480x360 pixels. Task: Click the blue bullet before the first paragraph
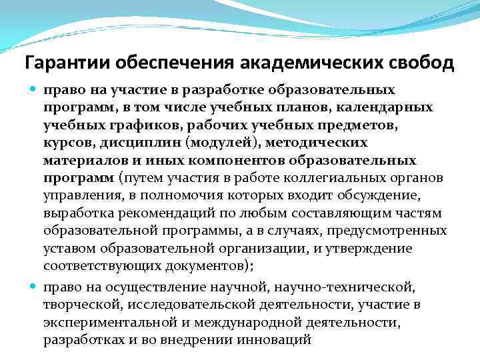(x=34, y=89)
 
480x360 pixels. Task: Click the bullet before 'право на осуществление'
(x=34, y=287)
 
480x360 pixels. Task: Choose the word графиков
(x=123, y=125)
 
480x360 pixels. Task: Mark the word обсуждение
(x=396, y=196)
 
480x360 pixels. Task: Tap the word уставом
(x=70, y=249)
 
